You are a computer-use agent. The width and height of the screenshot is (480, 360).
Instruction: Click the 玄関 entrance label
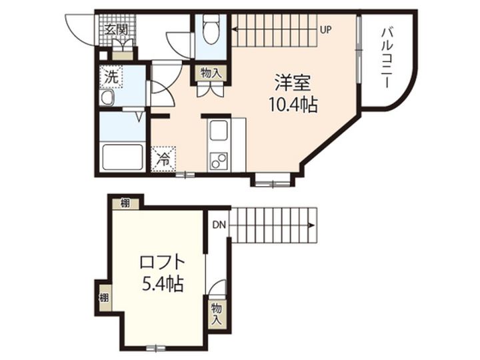click(116, 29)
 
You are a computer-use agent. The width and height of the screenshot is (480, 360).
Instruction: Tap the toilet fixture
click(211, 29)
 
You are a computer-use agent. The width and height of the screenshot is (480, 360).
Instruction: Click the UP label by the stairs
click(326, 30)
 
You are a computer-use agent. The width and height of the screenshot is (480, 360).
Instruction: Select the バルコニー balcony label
click(387, 58)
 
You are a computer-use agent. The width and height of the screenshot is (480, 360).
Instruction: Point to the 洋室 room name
click(293, 83)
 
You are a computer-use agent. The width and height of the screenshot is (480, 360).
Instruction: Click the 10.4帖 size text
click(293, 105)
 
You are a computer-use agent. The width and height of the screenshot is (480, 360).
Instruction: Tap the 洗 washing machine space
click(111, 77)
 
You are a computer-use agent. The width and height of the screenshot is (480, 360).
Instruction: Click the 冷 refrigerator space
click(164, 159)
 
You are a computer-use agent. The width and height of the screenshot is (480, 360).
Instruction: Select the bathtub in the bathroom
click(123, 157)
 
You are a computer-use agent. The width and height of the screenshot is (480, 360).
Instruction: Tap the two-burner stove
click(218, 161)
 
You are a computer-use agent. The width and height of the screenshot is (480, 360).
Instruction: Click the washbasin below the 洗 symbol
click(107, 97)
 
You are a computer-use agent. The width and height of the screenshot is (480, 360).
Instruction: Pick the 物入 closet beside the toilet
click(211, 73)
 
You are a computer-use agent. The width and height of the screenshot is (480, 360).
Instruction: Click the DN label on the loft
click(219, 225)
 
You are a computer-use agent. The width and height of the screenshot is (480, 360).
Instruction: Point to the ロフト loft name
click(162, 262)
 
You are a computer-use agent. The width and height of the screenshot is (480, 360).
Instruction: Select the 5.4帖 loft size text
click(163, 284)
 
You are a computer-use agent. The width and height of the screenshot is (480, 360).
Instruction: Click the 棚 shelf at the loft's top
click(125, 203)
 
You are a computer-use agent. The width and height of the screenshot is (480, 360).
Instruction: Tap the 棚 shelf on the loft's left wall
click(104, 297)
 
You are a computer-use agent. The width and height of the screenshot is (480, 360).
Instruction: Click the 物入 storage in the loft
click(217, 315)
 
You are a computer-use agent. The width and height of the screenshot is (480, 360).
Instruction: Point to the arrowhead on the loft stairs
click(311, 225)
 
